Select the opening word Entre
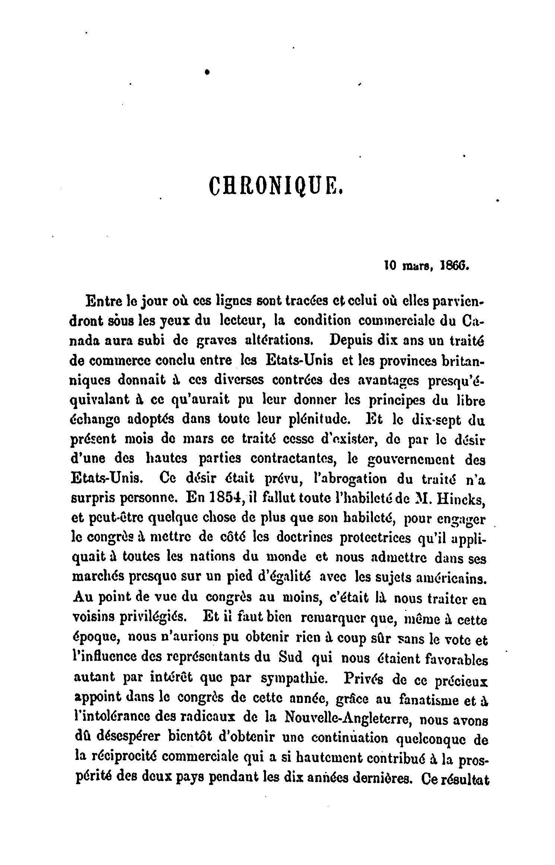(104, 301)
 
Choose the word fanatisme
(425, 698)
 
